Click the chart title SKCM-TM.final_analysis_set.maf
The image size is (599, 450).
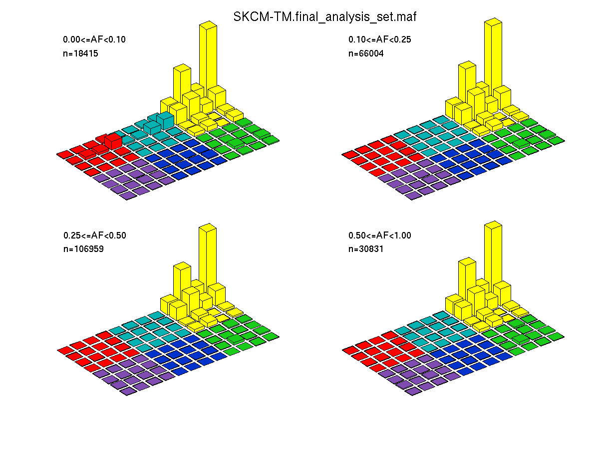pyautogui.click(x=324, y=17)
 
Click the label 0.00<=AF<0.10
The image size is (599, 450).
pyautogui.click(x=94, y=39)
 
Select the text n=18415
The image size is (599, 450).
pyautogui.click(x=80, y=53)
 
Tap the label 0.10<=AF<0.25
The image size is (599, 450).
pyautogui.click(x=379, y=39)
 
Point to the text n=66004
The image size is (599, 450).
pyautogui.click(x=366, y=53)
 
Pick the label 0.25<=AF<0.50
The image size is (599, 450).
pyautogui.click(x=94, y=235)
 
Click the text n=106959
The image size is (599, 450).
pyautogui.click(x=83, y=249)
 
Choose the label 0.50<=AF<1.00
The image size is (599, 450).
pyautogui.click(x=379, y=235)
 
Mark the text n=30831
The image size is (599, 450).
pyautogui.click(x=366, y=249)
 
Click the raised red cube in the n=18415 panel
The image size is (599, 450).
pyautogui.click(x=113, y=141)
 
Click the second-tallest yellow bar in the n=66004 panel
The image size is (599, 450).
pyautogui.click(x=467, y=82)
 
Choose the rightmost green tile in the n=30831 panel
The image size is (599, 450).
pyautogui.click(x=556, y=336)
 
